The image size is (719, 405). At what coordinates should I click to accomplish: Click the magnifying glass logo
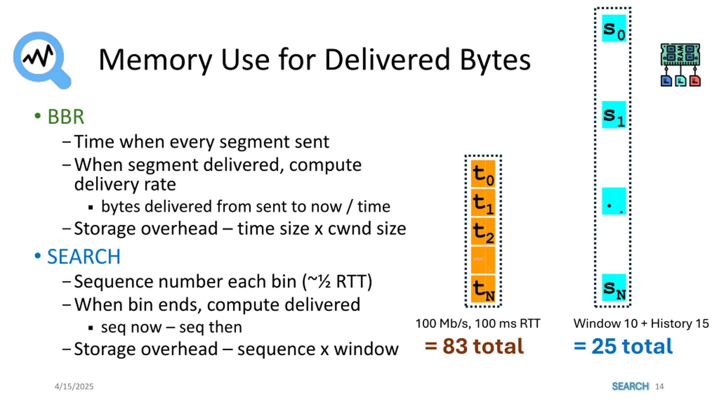pos(41,59)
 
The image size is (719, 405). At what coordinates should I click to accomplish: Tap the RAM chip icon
pos(680,65)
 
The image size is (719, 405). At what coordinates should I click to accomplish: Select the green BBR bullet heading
pos(66,116)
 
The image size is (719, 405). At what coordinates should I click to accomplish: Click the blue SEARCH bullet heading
pos(83,256)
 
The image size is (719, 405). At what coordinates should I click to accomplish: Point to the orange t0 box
pos(483,174)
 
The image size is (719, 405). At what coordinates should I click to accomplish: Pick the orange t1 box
pos(483,203)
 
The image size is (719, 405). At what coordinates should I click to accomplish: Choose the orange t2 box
pos(483,232)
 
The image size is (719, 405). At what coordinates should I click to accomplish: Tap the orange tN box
pos(483,289)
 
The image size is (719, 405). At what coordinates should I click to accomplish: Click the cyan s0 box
pos(614,28)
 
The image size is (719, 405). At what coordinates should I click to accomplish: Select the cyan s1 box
pos(614,115)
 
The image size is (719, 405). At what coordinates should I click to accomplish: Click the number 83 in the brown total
pos(455,346)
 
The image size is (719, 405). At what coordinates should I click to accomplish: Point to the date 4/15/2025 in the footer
pos(74,386)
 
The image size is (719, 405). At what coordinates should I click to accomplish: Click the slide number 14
pos(659,386)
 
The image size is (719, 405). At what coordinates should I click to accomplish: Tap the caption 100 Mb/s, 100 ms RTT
pos(478,323)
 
